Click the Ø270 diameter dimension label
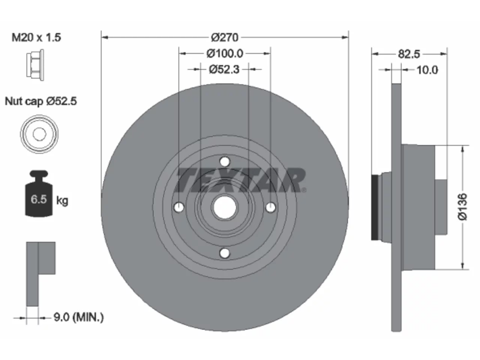pos(225,37)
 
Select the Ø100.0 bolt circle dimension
pos(225,54)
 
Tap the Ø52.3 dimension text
pos(224,69)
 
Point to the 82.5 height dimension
pos(409,54)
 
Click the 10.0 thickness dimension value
pos(427,70)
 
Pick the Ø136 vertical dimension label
pos(462,207)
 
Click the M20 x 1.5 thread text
pos(36,37)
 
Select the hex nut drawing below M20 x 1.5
pos(35,65)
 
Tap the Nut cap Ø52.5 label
pos(40,101)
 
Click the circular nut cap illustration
pos(39,134)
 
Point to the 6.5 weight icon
pos(39,193)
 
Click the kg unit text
pos(62,200)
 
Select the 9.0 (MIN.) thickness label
pos(79,317)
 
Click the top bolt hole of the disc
pos(225,162)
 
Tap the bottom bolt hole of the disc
pos(225,253)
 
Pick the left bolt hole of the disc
pos(179,207)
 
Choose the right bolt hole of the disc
pos(270,207)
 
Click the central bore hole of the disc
pos(225,207)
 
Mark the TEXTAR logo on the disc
pos(240,180)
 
